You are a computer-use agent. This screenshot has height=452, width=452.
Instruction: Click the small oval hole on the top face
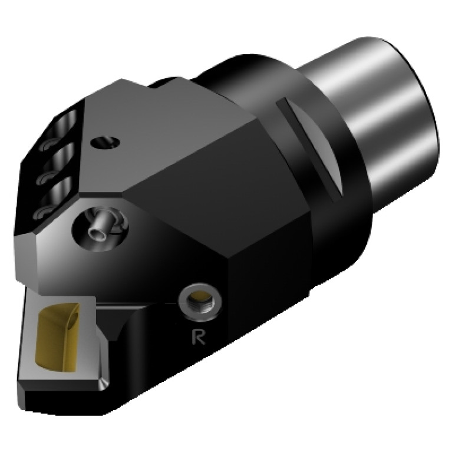click(x=106, y=142)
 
